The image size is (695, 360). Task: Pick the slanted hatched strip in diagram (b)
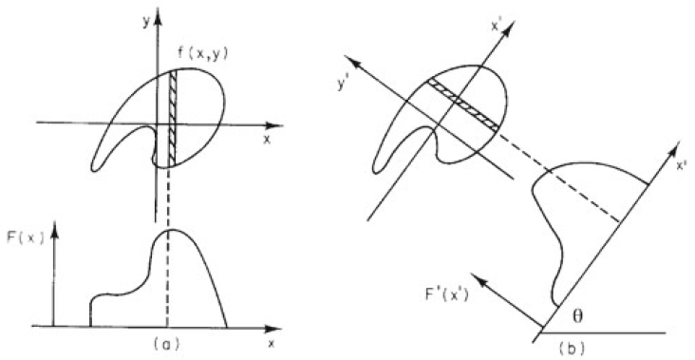coord(464,105)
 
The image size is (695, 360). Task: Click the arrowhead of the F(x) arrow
coord(57,228)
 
